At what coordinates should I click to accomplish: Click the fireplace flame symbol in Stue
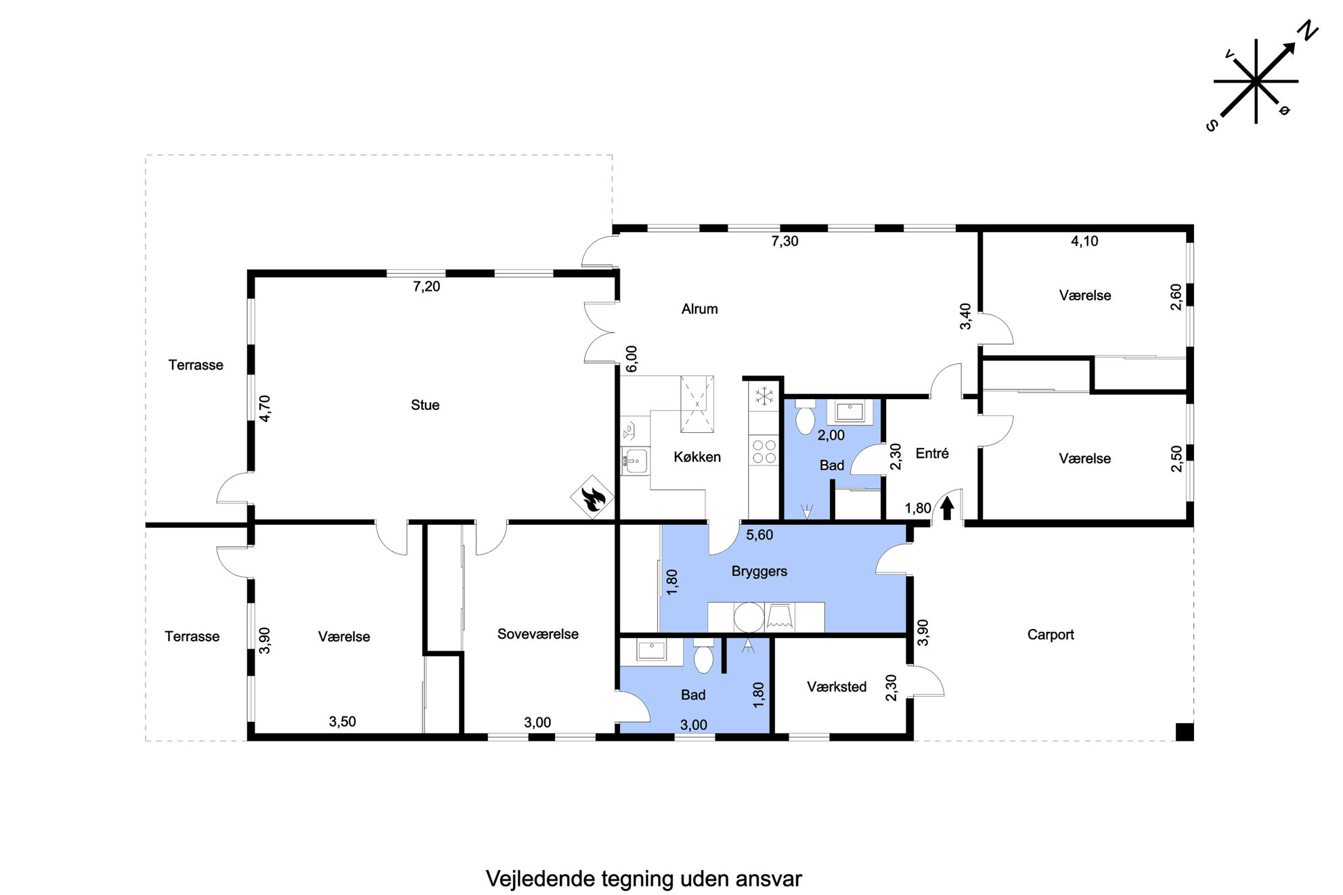click(x=592, y=497)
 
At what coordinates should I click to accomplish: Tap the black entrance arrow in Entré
click(x=947, y=507)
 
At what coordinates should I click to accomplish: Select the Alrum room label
click(x=699, y=309)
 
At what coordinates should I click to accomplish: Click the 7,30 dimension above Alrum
click(x=785, y=242)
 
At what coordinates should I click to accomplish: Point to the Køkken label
click(x=697, y=457)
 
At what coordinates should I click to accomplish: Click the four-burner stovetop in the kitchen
click(x=764, y=451)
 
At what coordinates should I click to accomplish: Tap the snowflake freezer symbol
click(x=764, y=396)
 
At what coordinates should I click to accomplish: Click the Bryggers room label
click(x=759, y=572)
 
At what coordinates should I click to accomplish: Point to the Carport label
click(x=1051, y=635)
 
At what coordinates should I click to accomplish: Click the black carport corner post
click(x=1184, y=732)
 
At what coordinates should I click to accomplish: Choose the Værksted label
click(x=837, y=687)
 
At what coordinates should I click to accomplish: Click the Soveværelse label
click(x=537, y=635)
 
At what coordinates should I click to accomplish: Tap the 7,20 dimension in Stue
click(x=426, y=287)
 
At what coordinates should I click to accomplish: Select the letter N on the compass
click(x=1308, y=30)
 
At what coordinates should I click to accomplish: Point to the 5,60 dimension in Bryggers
click(x=759, y=535)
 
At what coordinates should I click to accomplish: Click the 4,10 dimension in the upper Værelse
click(x=1084, y=242)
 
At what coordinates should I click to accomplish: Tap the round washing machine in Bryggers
click(x=749, y=617)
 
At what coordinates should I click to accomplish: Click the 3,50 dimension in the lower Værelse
click(x=343, y=722)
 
